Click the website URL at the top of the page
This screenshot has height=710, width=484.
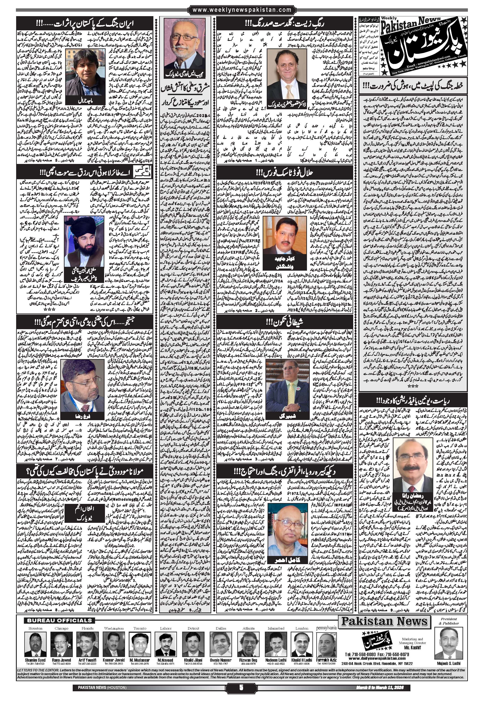[x=242, y=10]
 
